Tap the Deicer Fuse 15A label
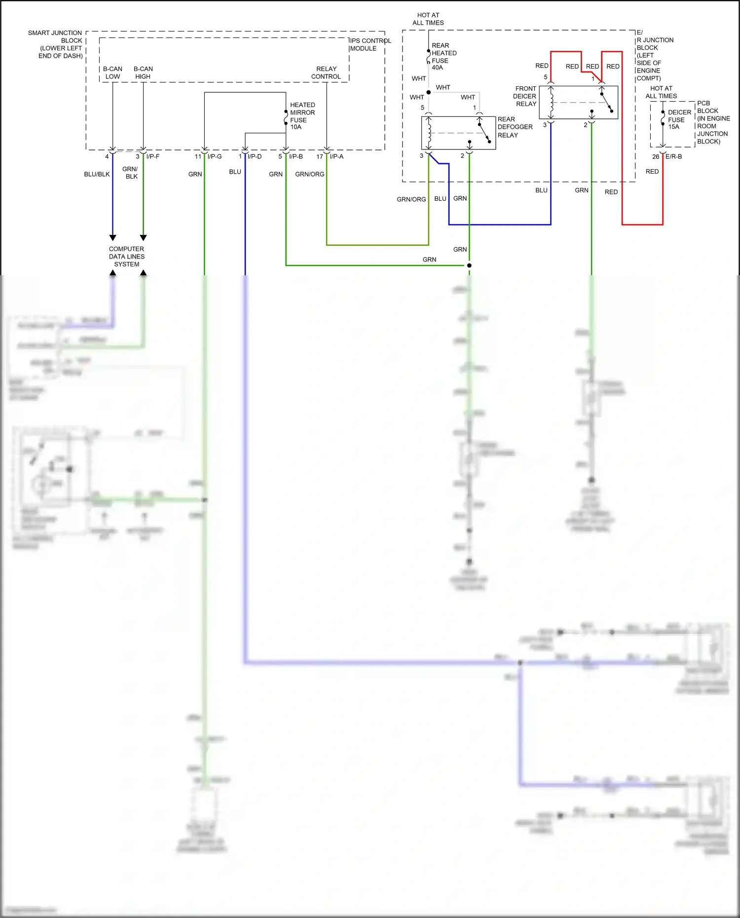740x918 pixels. (x=679, y=119)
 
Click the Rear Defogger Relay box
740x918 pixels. (x=458, y=133)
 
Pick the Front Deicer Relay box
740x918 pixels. (x=578, y=102)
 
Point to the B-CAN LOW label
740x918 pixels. (x=112, y=73)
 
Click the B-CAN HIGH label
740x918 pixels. (x=143, y=73)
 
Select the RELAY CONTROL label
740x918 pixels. (x=326, y=73)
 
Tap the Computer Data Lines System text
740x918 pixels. (x=127, y=257)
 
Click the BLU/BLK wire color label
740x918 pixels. (x=97, y=174)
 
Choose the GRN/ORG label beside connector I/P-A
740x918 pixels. (x=309, y=174)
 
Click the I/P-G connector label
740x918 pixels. (x=215, y=156)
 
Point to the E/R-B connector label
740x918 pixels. (x=673, y=156)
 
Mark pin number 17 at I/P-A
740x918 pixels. (x=320, y=156)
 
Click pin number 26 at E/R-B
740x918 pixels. (x=655, y=156)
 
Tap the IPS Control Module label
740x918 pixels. (x=370, y=44)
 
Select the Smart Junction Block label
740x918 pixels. (x=55, y=44)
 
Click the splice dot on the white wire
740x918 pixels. (x=428, y=92)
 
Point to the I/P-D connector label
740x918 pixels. (x=255, y=156)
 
